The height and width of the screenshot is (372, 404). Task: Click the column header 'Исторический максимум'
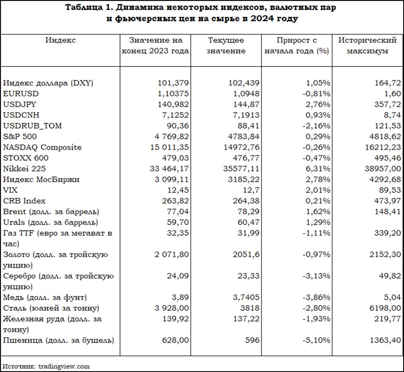(x=367, y=45)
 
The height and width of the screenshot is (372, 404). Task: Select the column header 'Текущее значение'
(x=226, y=45)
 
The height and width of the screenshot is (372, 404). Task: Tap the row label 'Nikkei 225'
(x=24, y=168)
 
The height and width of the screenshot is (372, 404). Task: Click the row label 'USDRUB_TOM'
(x=33, y=126)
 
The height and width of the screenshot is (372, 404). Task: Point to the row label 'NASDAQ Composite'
(x=42, y=147)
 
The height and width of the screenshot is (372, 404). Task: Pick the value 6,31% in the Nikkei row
(x=318, y=168)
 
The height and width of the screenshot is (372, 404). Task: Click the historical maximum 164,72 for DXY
(x=388, y=83)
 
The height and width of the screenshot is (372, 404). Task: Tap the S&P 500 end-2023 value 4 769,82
(x=169, y=136)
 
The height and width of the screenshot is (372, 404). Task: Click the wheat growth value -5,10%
(x=316, y=340)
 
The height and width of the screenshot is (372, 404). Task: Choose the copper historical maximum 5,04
(x=392, y=297)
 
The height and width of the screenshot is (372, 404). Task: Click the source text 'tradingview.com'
(x=64, y=366)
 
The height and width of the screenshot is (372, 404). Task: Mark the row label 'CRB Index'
(x=24, y=201)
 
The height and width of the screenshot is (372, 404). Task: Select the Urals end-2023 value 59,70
(x=178, y=222)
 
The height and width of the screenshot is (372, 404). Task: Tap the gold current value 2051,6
(x=246, y=254)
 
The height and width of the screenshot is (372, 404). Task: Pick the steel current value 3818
(x=250, y=308)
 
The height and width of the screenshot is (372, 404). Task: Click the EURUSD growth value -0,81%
(x=316, y=94)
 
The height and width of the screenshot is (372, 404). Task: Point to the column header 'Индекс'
(x=61, y=40)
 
